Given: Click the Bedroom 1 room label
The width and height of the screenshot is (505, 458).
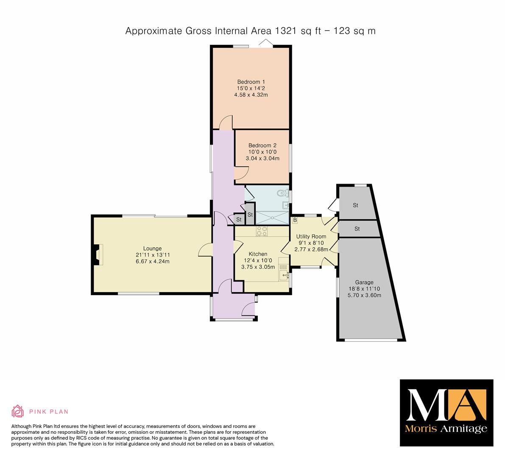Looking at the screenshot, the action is [251, 82].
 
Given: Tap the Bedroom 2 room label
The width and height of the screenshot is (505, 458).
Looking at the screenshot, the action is [262, 145].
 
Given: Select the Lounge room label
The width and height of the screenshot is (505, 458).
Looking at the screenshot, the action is [152, 249].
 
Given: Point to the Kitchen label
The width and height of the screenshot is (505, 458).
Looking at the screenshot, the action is [258, 254].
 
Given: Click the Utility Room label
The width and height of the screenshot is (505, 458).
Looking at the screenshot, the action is [311, 236].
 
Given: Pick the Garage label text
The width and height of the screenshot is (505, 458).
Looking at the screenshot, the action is [364, 282].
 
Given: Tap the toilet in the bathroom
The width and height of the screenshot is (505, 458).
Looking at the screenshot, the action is [283, 193].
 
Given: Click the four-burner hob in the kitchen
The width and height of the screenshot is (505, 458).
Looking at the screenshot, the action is [262, 231].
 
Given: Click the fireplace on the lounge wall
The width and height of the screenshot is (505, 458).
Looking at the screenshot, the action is [98, 255].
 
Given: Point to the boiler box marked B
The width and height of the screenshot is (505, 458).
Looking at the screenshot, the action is [294, 220].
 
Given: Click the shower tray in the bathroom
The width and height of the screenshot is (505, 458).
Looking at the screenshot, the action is [272, 218].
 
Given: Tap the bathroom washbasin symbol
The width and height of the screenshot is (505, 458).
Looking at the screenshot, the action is [286, 205].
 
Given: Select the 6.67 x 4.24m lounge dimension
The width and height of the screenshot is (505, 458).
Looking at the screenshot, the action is [152, 261].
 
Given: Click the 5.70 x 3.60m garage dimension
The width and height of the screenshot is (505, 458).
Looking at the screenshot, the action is [364, 295].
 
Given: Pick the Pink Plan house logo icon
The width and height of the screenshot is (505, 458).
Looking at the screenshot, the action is [18, 411].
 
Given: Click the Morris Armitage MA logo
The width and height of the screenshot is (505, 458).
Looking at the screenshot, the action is [446, 413].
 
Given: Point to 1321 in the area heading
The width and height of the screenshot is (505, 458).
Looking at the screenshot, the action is [286, 31].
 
